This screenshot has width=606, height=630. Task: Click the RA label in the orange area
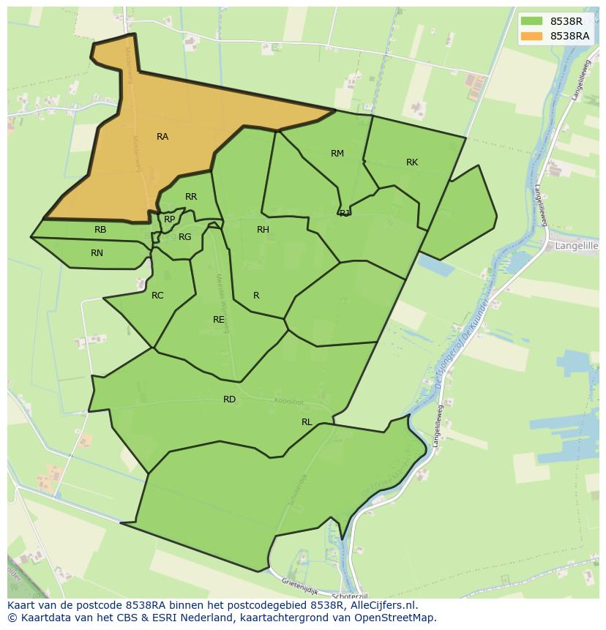(x=162, y=137)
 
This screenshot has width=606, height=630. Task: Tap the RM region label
(x=337, y=154)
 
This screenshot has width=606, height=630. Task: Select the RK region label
(x=412, y=162)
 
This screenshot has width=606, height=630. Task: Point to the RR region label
(x=191, y=197)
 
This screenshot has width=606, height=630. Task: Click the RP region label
(x=170, y=220)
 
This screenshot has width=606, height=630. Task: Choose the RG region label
(x=184, y=237)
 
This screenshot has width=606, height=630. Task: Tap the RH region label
(x=263, y=230)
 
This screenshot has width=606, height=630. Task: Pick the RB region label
(x=100, y=230)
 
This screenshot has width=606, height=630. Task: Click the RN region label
(x=97, y=253)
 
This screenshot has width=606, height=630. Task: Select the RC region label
(x=157, y=296)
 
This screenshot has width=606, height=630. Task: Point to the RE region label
(x=219, y=320)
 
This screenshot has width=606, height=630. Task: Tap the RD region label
(x=230, y=400)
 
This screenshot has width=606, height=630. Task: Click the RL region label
(x=307, y=422)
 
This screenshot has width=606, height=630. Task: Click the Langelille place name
(x=577, y=247)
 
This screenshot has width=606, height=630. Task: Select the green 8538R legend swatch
(x=532, y=21)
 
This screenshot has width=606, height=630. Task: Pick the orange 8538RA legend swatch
(x=532, y=36)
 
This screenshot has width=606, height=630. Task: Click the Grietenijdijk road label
(x=301, y=585)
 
